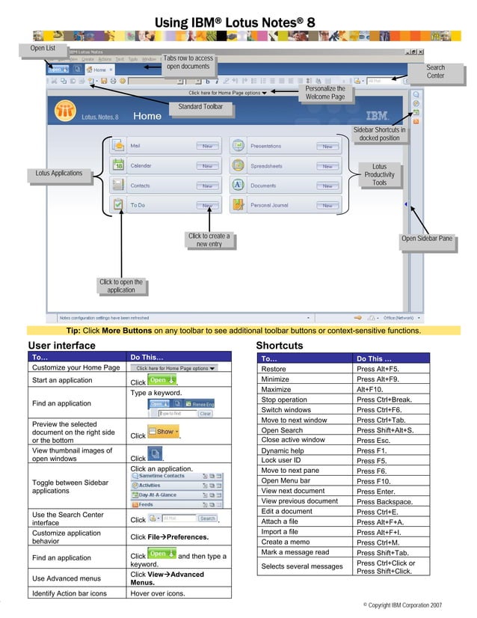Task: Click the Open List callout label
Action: coord(43,49)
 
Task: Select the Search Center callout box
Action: coord(435,72)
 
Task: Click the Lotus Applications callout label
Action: coord(59,174)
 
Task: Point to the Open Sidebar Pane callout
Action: coord(426,239)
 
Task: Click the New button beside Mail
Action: coord(207,146)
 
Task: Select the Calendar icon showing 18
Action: coord(118,165)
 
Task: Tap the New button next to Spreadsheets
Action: coord(327,166)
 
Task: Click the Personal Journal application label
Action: coord(269,205)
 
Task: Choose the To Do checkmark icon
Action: coord(118,204)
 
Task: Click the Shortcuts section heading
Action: coord(280,346)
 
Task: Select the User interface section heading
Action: coord(62,346)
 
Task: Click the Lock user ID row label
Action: coord(281,461)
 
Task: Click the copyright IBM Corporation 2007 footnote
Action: coord(402,604)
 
